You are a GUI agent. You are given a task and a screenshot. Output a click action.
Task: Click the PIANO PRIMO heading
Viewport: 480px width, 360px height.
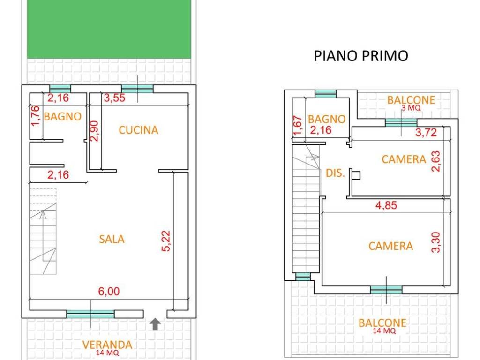361,56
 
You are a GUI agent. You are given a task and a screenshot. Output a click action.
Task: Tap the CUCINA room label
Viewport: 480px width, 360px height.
138,130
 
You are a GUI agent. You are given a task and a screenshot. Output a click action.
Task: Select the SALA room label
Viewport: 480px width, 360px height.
112,239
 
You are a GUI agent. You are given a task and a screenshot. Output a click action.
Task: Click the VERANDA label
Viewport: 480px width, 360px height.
107,345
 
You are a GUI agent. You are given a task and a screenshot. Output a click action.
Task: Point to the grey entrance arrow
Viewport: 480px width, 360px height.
156,324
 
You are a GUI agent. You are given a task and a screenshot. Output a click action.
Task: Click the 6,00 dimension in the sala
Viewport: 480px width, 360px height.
109,292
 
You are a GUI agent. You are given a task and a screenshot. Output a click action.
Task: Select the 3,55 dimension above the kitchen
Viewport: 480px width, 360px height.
115,98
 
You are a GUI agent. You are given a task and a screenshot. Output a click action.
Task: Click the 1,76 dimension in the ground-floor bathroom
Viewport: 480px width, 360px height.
35,116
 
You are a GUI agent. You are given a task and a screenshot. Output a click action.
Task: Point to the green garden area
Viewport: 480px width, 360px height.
109,29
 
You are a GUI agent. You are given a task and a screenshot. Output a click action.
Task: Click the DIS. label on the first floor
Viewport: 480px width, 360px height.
335,173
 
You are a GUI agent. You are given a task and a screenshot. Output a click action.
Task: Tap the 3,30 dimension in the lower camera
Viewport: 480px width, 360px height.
436,240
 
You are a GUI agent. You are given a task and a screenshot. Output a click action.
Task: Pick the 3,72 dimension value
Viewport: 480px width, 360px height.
426,133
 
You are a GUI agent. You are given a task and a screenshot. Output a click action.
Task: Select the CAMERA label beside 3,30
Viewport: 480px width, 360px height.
390,246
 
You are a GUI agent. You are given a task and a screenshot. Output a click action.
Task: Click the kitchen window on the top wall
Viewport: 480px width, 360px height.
137,89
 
